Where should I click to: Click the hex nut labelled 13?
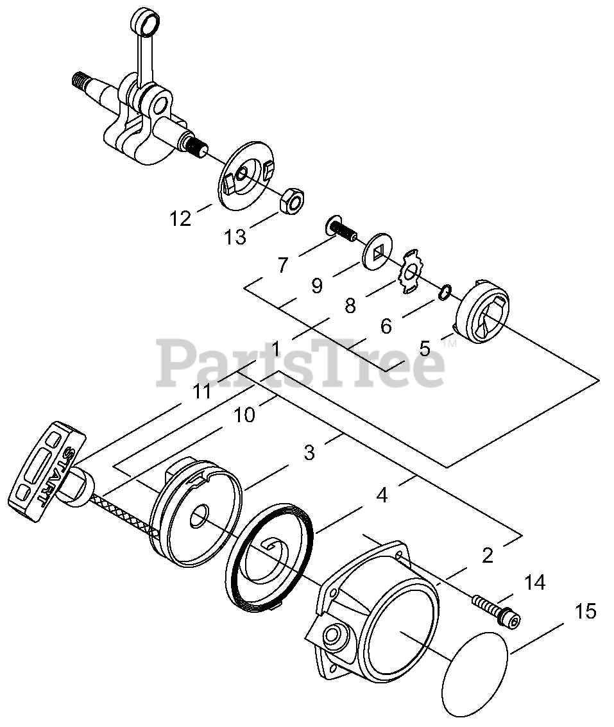click(291, 201)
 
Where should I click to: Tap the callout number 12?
click(180, 218)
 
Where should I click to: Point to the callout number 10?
click(244, 415)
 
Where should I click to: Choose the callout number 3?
click(309, 452)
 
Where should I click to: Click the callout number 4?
click(382, 496)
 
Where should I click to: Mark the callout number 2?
click(488, 556)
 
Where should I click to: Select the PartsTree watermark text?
click(302, 363)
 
